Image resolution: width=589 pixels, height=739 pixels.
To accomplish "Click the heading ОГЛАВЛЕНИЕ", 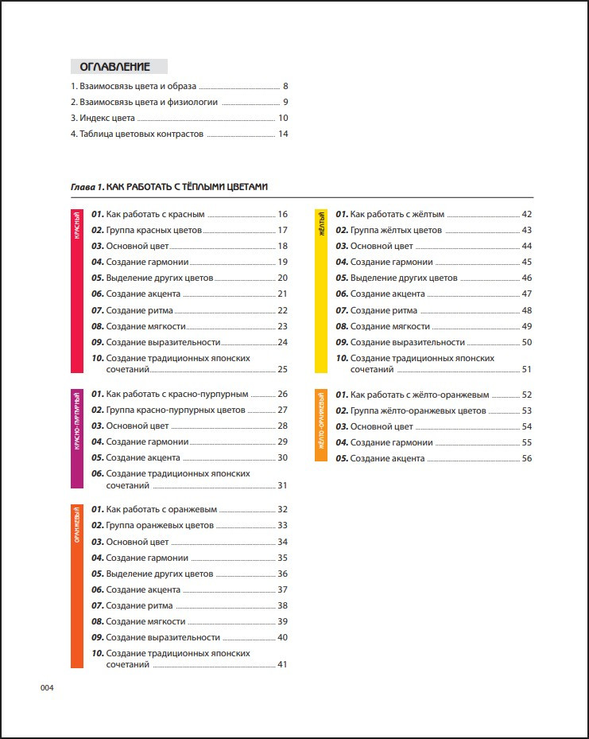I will [x=119, y=67].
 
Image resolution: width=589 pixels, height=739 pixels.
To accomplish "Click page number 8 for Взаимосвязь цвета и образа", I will [x=285, y=86].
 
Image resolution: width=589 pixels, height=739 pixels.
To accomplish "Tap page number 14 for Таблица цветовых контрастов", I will [x=282, y=134].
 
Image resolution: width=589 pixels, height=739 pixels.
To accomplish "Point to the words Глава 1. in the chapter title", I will [x=87, y=187].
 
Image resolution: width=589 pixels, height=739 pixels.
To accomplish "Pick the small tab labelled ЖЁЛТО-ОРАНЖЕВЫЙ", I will [x=321, y=425].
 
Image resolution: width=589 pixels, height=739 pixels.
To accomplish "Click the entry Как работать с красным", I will [x=155, y=214].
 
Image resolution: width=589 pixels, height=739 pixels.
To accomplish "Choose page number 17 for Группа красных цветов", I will [x=282, y=230].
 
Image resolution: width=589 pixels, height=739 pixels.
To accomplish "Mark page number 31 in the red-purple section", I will [x=282, y=485].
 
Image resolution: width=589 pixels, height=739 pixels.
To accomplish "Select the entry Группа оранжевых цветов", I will [x=159, y=526].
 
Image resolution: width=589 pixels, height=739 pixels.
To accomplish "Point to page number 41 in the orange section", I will [x=282, y=665].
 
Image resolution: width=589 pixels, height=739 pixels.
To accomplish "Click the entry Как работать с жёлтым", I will [x=397, y=214].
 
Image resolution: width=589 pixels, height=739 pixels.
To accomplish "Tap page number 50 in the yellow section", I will [x=526, y=342].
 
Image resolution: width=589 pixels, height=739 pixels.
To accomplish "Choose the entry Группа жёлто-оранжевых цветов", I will [x=417, y=410].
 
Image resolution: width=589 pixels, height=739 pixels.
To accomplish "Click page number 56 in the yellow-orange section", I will [x=526, y=458].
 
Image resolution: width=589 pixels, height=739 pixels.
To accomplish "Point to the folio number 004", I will [x=46, y=689].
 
